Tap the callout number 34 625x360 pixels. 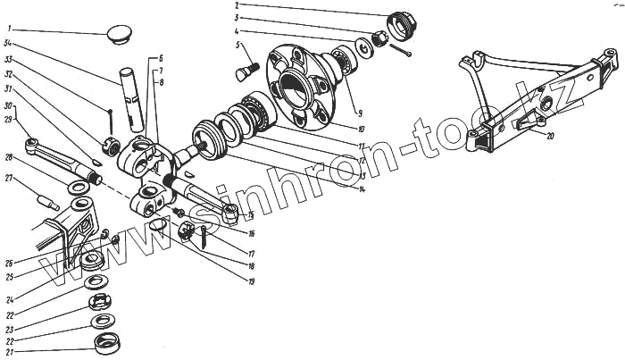[7, 43]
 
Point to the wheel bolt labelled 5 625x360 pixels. [246, 67]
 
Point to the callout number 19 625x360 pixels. [253, 282]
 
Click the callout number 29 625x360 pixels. [7, 119]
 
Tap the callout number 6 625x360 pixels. [162, 58]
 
